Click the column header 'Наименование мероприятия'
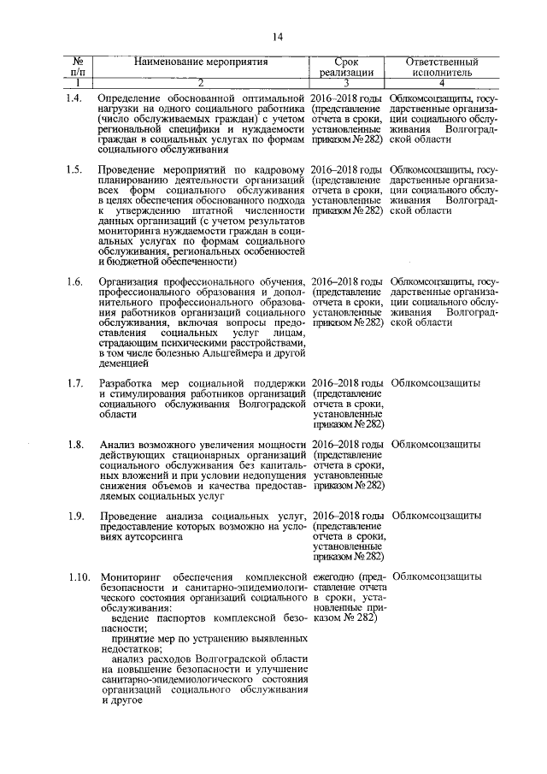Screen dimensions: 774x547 (201, 62)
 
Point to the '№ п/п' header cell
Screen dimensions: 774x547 (78, 68)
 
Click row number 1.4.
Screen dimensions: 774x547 (75, 100)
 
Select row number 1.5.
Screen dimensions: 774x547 (75, 170)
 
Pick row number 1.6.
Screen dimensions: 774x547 (75, 282)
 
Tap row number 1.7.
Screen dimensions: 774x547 (75, 382)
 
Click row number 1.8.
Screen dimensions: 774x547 (75, 445)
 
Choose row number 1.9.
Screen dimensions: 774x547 (75, 516)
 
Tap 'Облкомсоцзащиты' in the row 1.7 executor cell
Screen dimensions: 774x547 (435, 382)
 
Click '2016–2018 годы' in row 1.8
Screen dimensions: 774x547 (347, 445)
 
